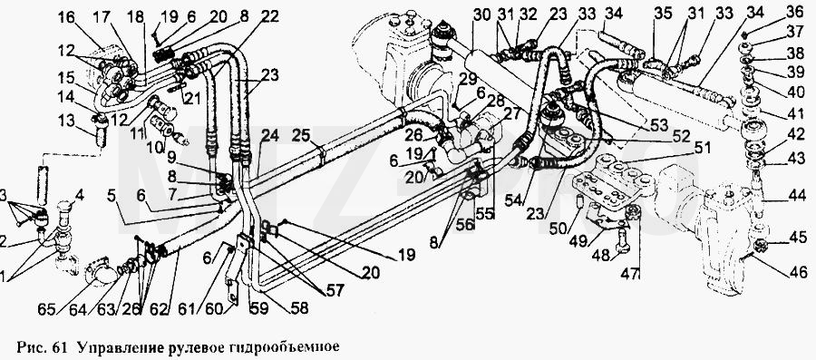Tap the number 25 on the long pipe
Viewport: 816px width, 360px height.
[301, 138]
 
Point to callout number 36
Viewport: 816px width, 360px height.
[794, 11]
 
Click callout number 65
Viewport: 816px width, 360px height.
[47, 310]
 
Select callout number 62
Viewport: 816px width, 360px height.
[160, 310]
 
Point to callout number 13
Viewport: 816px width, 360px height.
[66, 121]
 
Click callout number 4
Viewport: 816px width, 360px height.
[79, 197]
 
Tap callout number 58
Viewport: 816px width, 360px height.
[298, 308]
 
